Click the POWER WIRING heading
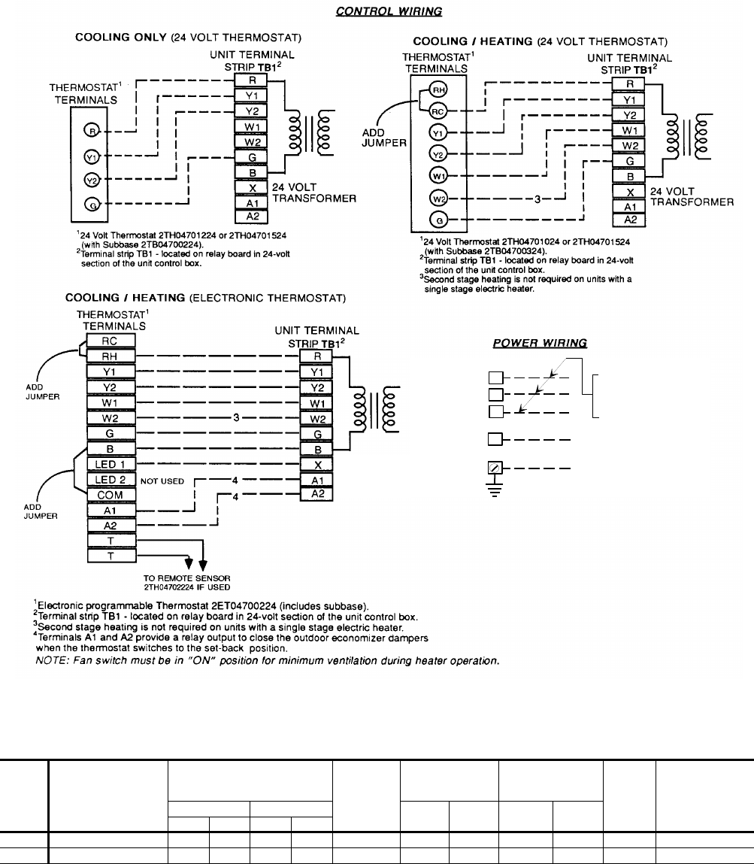540,343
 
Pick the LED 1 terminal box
111,465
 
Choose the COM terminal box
111,495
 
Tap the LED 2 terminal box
111,480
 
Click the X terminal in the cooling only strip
252,187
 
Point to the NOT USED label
162,481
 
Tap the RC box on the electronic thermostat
111,341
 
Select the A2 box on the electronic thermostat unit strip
316,493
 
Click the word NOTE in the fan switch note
50,661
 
